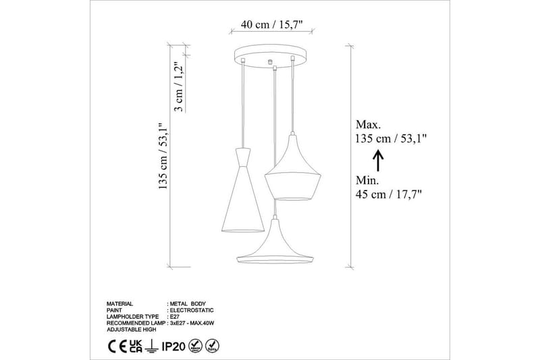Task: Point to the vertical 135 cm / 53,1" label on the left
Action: (x=162, y=157)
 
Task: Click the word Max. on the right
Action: (x=368, y=125)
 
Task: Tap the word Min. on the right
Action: (x=367, y=180)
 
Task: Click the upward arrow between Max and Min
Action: (x=378, y=160)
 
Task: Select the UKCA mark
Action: (x=136, y=345)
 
